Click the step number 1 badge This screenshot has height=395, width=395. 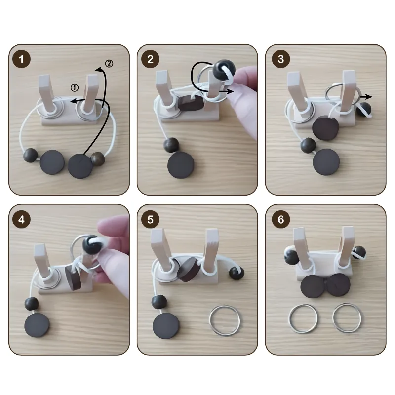21,59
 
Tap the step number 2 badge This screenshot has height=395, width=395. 150,59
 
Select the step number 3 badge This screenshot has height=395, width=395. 281,59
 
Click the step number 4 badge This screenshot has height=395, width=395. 21,219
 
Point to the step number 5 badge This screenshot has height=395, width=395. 150,219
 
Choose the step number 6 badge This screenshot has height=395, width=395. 281,219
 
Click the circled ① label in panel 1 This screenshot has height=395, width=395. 75,88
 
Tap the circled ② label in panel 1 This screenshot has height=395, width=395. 109,64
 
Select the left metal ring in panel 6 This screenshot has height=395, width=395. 289,318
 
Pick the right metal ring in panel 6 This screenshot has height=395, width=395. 333,318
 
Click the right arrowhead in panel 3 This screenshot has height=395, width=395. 369,97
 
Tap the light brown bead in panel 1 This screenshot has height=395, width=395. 98,159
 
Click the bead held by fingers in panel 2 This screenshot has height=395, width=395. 224,70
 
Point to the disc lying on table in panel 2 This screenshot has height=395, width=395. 181,165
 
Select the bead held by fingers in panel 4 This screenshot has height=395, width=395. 91,245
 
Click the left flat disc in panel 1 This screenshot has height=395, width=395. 52,162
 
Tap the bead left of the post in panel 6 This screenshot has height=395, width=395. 291,255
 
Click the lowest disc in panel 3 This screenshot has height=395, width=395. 326,162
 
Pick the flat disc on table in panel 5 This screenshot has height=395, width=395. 166,326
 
